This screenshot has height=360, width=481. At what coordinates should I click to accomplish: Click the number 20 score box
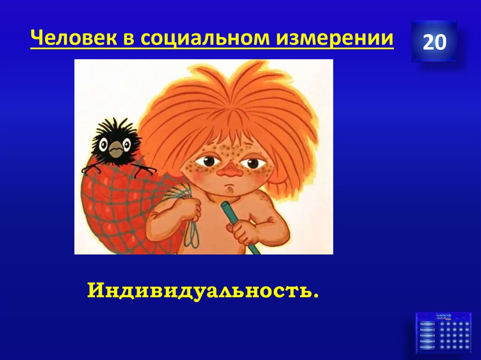pyautogui.click(x=434, y=42)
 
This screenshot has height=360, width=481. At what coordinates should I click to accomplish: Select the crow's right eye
pyautogui.click(x=126, y=144)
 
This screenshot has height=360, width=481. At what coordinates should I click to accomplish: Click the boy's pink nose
pyautogui.click(x=231, y=171)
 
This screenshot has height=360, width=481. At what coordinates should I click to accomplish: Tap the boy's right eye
pyautogui.click(x=254, y=163)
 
